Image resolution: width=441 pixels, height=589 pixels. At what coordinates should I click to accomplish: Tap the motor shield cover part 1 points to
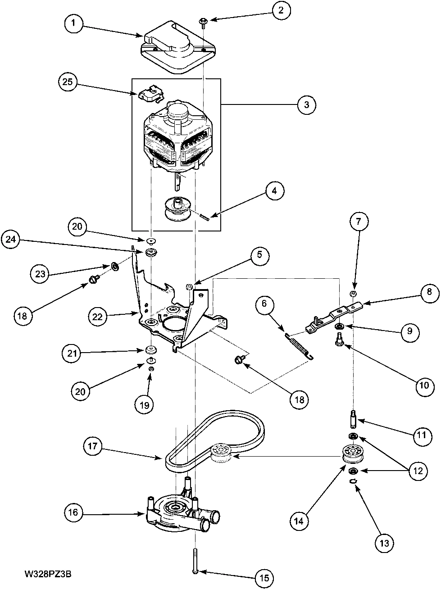point(176,50)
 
